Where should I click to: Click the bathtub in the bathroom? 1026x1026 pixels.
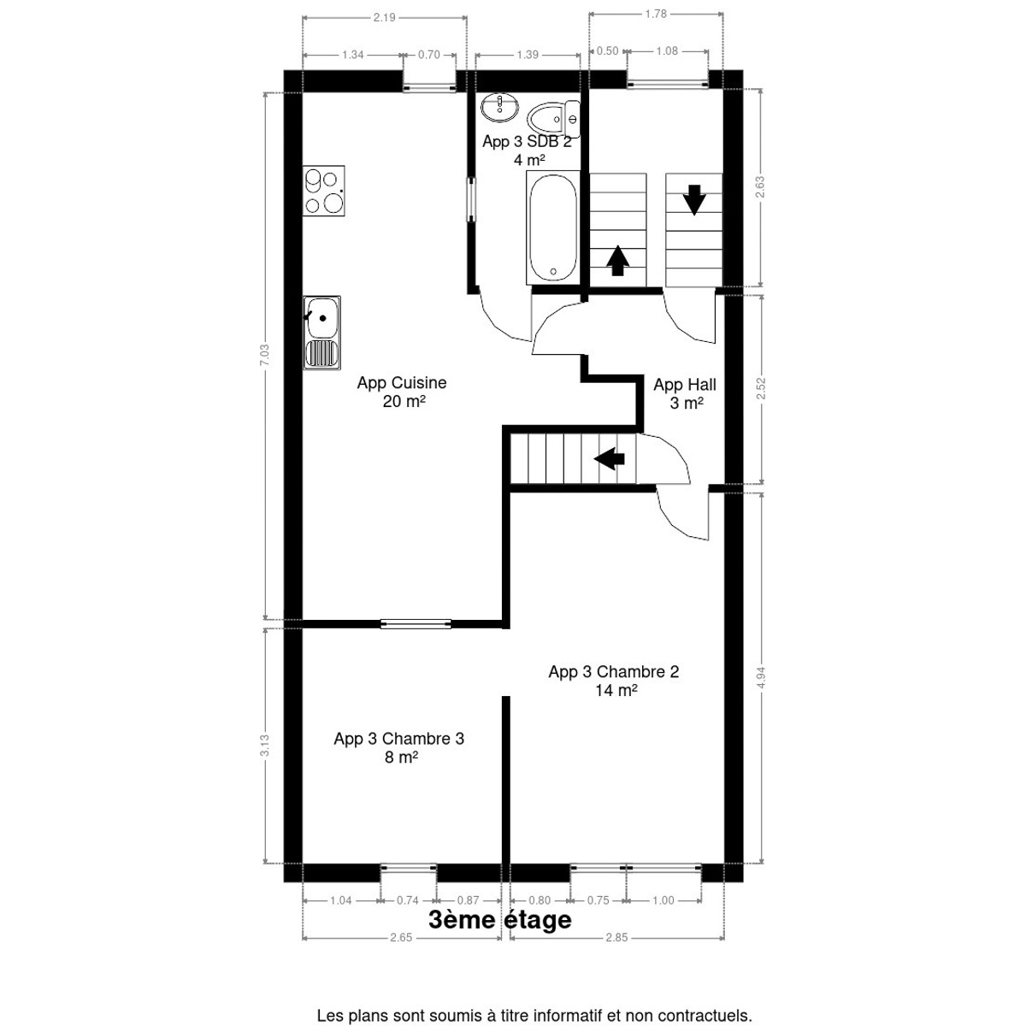(x=552, y=228)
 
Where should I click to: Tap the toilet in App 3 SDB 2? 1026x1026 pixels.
(x=554, y=119)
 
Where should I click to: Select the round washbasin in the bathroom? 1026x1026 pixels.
(x=499, y=107)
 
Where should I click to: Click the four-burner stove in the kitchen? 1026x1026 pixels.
(x=324, y=191)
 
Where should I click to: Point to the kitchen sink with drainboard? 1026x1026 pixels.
(x=322, y=333)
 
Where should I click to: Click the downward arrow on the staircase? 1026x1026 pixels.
(x=694, y=200)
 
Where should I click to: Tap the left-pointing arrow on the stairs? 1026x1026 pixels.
(x=609, y=458)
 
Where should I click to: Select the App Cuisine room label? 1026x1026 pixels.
(x=403, y=392)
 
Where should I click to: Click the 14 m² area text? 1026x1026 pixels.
(x=616, y=690)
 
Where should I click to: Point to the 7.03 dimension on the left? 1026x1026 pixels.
(x=264, y=355)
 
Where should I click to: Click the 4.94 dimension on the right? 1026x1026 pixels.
(x=762, y=677)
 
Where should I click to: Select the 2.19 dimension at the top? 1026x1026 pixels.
(x=384, y=18)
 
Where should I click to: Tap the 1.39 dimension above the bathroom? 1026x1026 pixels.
(x=528, y=55)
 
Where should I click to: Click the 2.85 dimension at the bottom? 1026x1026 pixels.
(x=616, y=952)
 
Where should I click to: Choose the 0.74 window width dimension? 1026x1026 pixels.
(x=408, y=915)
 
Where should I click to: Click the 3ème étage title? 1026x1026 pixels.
(x=500, y=935)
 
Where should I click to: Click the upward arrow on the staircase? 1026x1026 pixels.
(x=617, y=261)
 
